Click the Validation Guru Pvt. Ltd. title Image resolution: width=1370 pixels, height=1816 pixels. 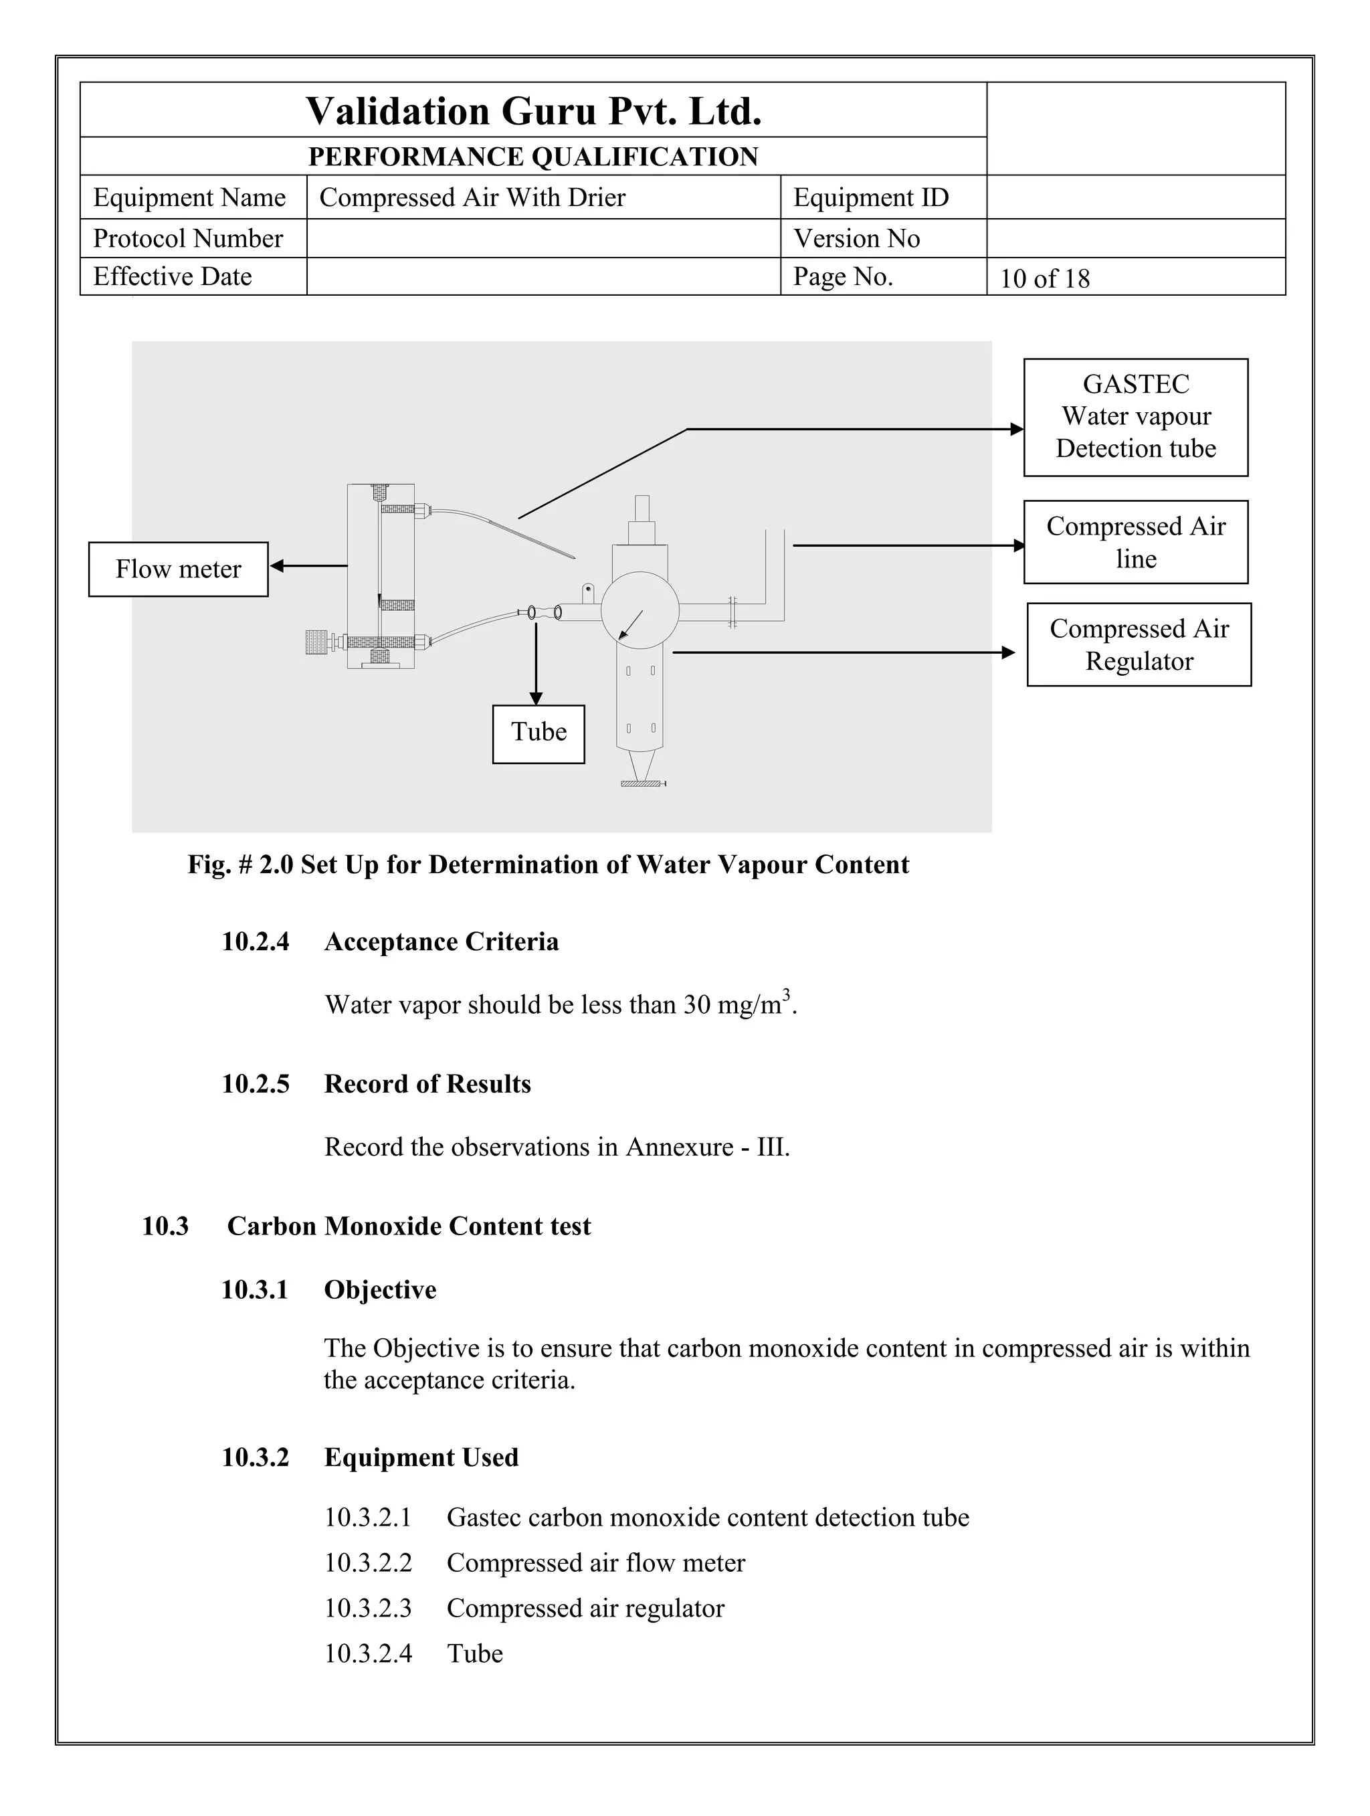pyautogui.click(x=534, y=111)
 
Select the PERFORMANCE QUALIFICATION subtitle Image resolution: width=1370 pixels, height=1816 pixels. pyautogui.click(x=534, y=156)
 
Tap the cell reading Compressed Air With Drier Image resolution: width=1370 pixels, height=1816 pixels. pyautogui.click(x=472, y=198)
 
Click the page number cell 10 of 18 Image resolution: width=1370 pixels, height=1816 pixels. pyautogui.click(x=1044, y=278)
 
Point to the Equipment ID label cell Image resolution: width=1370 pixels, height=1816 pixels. pyautogui.click(x=871, y=198)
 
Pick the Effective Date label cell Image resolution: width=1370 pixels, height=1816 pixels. pyautogui.click(x=173, y=276)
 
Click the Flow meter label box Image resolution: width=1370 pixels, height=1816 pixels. pyautogui.click(x=178, y=569)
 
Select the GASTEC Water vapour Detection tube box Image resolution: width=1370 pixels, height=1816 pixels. pyautogui.click(x=1135, y=417)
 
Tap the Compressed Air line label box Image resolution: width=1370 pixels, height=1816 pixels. pyautogui.click(x=1135, y=542)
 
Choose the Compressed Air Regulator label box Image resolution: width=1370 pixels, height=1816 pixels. pyautogui.click(x=1139, y=644)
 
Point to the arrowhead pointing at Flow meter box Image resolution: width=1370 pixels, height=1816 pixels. pyautogui.click(x=277, y=565)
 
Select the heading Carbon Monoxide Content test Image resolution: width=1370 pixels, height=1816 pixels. pyautogui.click(x=408, y=1226)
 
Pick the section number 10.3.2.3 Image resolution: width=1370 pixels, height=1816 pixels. pyautogui.click(x=368, y=1607)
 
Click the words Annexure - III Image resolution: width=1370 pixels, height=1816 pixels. pyautogui.click(x=707, y=1147)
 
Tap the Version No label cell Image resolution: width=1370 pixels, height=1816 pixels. pyautogui.click(x=856, y=239)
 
